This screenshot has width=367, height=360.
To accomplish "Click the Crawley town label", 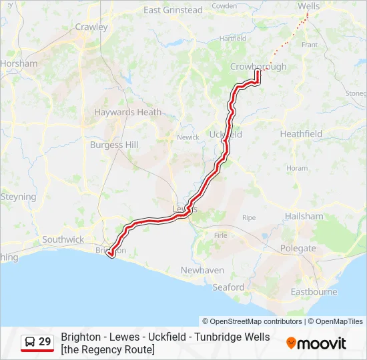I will [x=91, y=27].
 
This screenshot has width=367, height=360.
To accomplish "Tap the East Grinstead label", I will [x=173, y=10].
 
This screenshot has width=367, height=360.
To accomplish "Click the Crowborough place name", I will [x=258, y=67].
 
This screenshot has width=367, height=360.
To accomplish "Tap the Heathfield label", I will [x=301, y=134].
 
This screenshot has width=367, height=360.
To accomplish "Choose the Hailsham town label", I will [x=304, y=217].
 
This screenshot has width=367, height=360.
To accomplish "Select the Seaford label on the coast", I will [x=228, y=287].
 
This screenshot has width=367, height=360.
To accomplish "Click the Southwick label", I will [x=63, y=239].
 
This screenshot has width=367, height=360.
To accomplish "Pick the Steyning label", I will [x=18, y=197].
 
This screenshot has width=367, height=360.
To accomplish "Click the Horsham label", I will [x=19, y=63].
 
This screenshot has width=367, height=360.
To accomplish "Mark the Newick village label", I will [x=188, y=137].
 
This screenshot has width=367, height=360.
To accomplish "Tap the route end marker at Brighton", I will [x=110, y=253].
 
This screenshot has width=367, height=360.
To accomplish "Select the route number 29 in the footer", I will [x=45, y=342].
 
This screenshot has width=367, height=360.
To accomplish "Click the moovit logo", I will [x=316, y=343].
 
